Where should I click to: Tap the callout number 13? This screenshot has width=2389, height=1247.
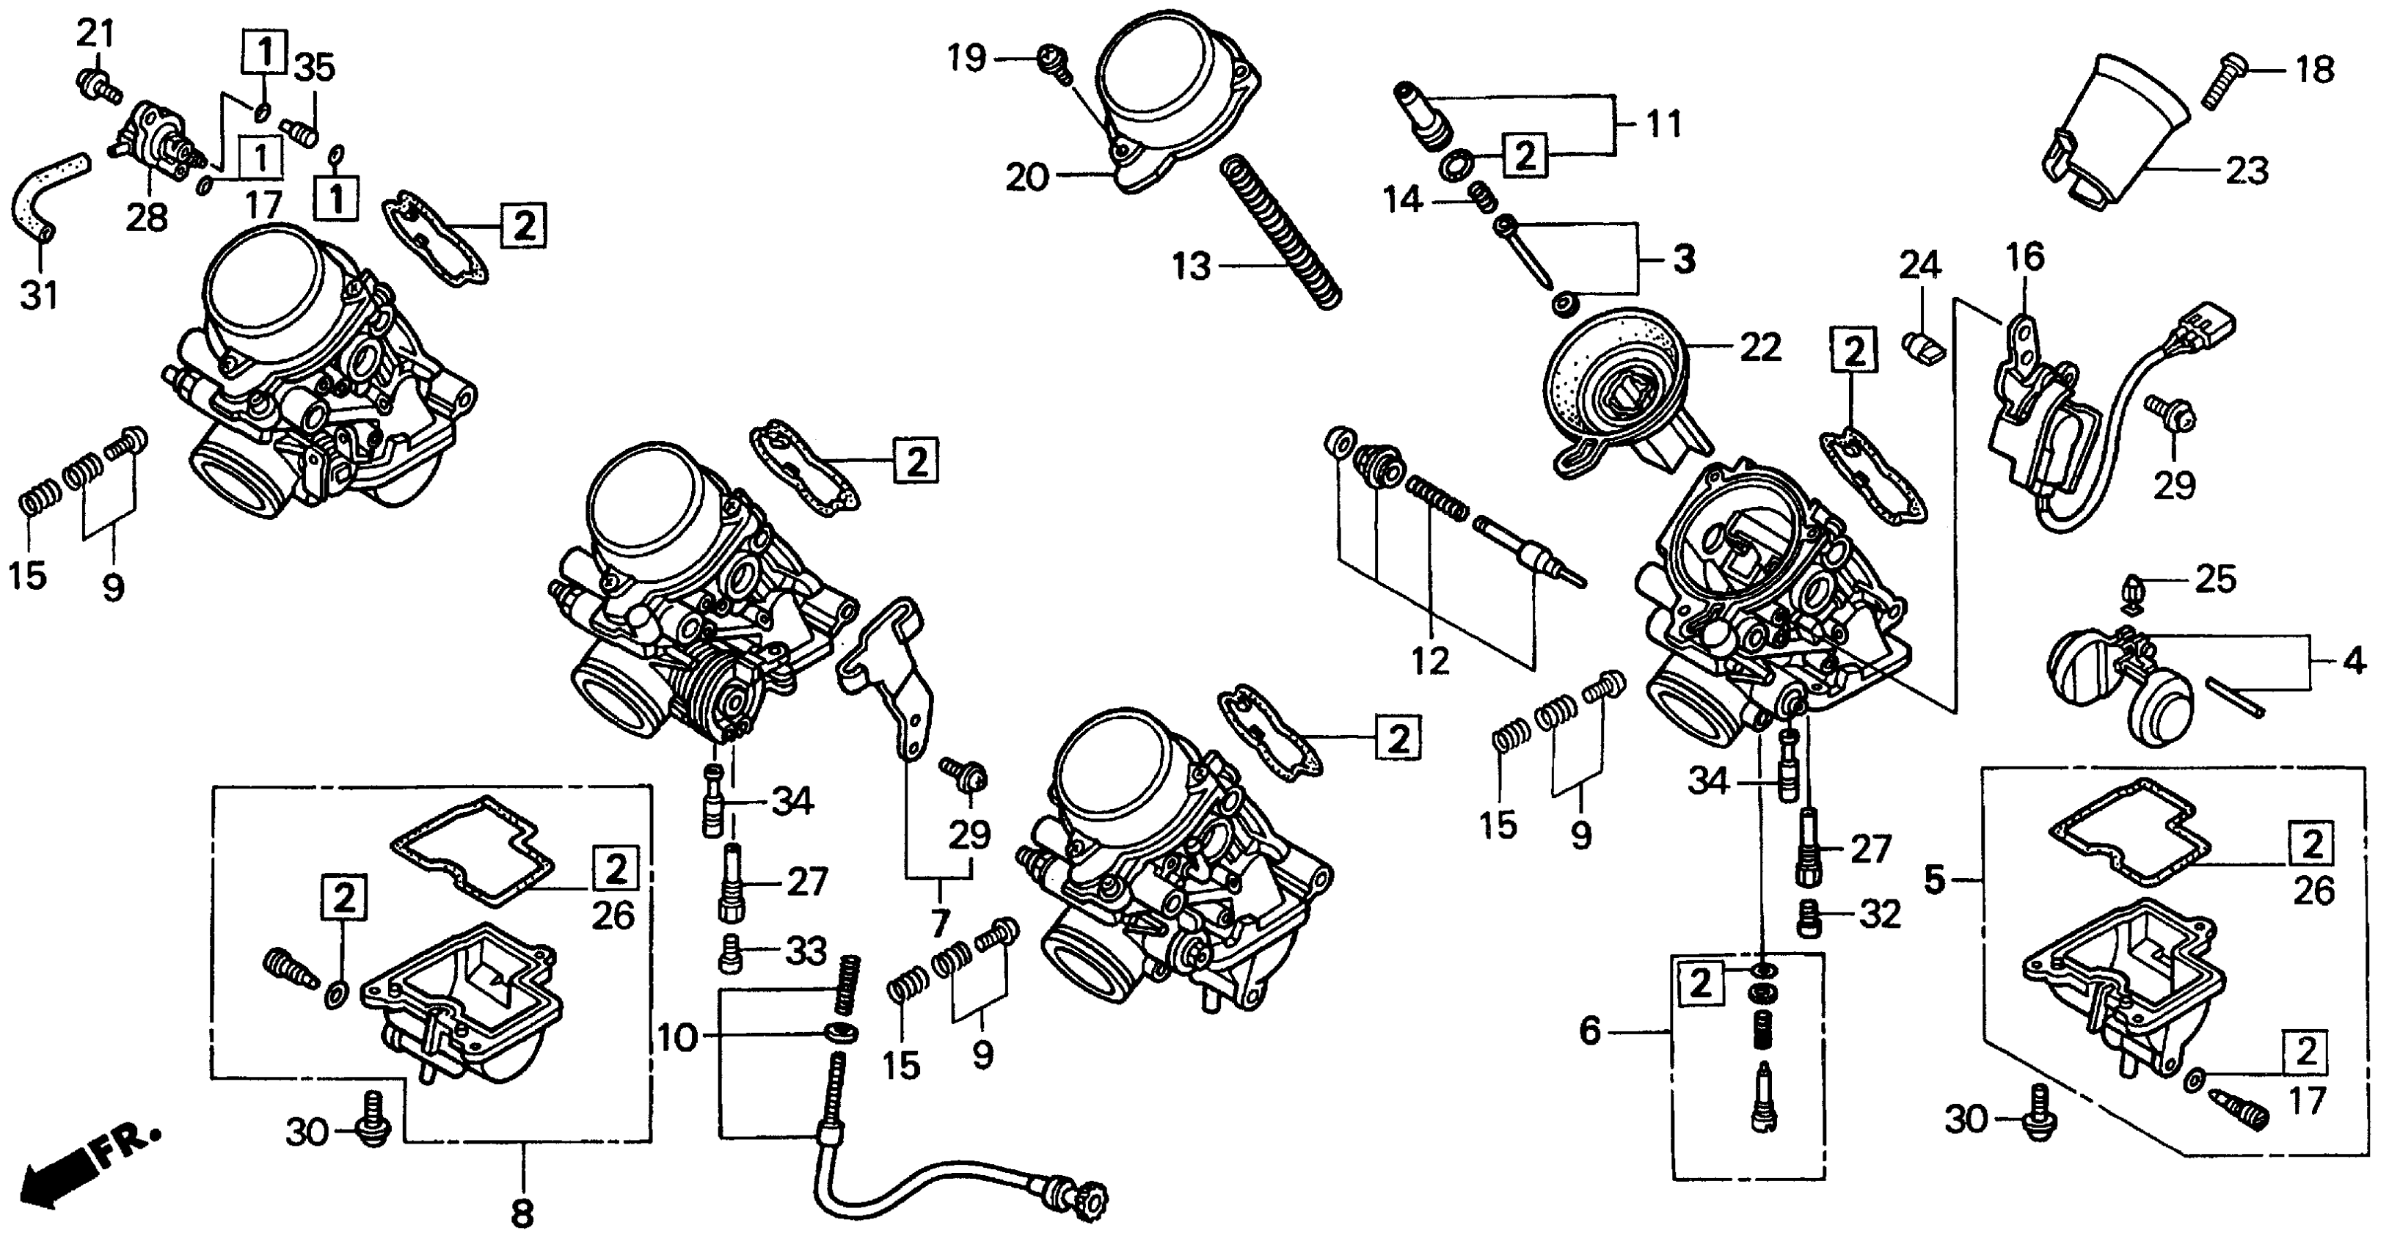(1191, 267)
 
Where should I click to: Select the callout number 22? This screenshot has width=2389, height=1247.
(1760, 348)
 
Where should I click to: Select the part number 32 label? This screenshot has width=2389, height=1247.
(1879, 915)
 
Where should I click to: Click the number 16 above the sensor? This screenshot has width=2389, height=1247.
(2026, 257)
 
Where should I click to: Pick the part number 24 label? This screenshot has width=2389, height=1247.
(1919, 266)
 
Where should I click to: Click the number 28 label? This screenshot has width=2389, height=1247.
(147, 218)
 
